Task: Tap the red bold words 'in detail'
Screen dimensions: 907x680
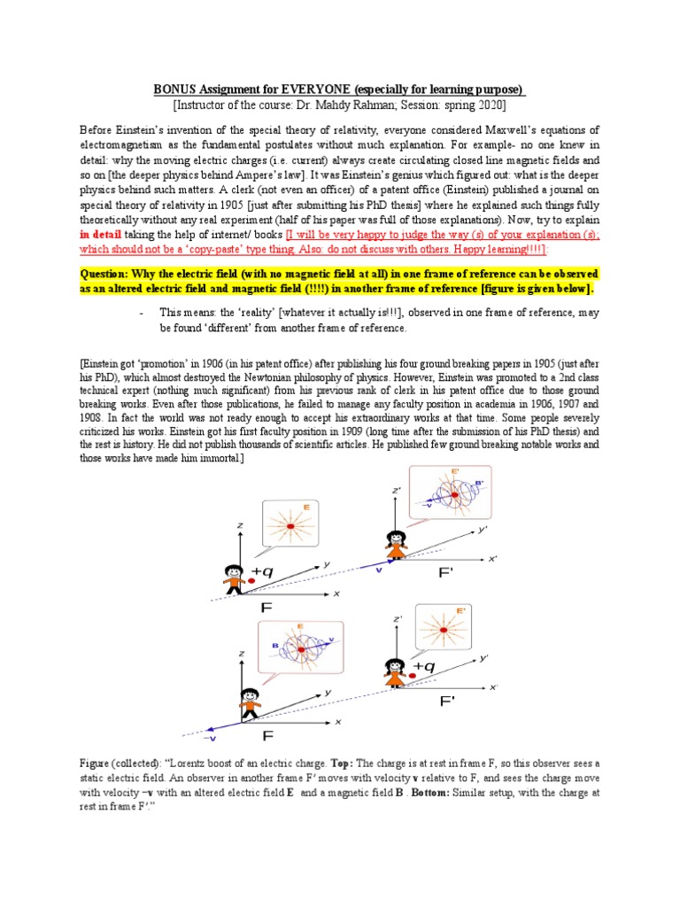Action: click(x=104, y=235)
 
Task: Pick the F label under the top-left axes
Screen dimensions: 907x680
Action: click(x=266, y=609)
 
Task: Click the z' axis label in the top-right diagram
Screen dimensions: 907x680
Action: click(x=397, y=490)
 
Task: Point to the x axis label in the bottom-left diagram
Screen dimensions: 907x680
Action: click(x=337, y=722)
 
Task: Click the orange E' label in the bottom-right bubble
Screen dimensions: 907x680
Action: click(x=461, y=611)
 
